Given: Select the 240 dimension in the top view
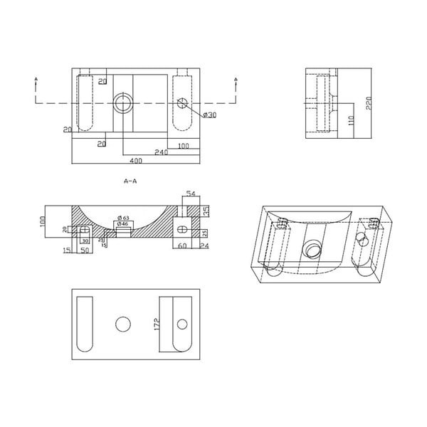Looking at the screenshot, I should [x=161, y=152].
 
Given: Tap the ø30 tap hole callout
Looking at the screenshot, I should [x=209, y=115].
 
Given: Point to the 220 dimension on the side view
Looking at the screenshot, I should [x=369, y=104].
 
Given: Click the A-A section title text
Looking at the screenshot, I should [x=130, y=181].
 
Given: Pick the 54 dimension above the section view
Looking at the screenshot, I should [x=189, y=194].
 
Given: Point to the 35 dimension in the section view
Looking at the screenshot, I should [x=206, y=211].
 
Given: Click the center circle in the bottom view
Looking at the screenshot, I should [x=122, y=324].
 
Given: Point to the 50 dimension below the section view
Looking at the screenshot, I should [x=84, y=251].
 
